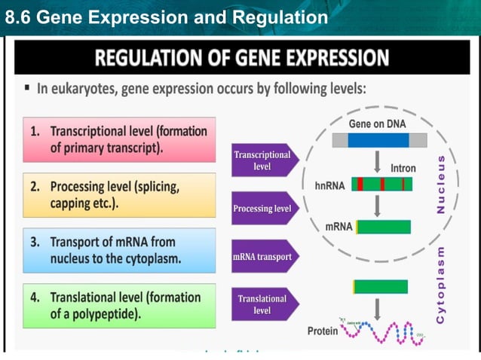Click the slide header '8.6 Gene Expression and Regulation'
coord(166,17)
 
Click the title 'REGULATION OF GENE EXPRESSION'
coord(240,58)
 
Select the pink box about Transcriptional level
coord(119,139)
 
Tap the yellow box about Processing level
coord(119,195)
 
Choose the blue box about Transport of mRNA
coord(119,251)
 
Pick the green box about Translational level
coord(119,305)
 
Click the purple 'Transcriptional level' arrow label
coord(261,160)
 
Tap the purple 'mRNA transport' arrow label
coord(261,257)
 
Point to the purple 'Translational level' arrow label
coord(261,304)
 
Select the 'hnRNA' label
coord(329,185)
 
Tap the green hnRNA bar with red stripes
coord(381,185)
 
